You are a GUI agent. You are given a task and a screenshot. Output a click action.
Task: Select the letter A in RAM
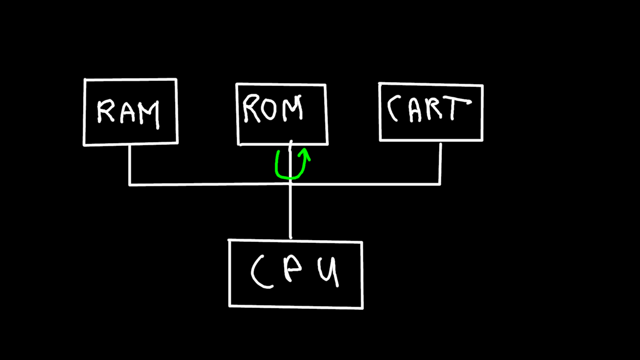tap(128, 113)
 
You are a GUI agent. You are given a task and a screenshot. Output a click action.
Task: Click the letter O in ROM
tap(268, 109)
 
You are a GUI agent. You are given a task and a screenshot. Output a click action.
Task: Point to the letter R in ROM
tap(251, 108)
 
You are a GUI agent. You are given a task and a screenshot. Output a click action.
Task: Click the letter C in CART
tap(393, 108)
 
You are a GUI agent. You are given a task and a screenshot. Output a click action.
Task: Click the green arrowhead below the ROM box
tap(305, 153)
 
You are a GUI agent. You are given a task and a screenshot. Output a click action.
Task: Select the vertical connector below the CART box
tap(440, 163)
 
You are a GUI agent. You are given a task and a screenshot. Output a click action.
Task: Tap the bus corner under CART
tap(440, 184)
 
